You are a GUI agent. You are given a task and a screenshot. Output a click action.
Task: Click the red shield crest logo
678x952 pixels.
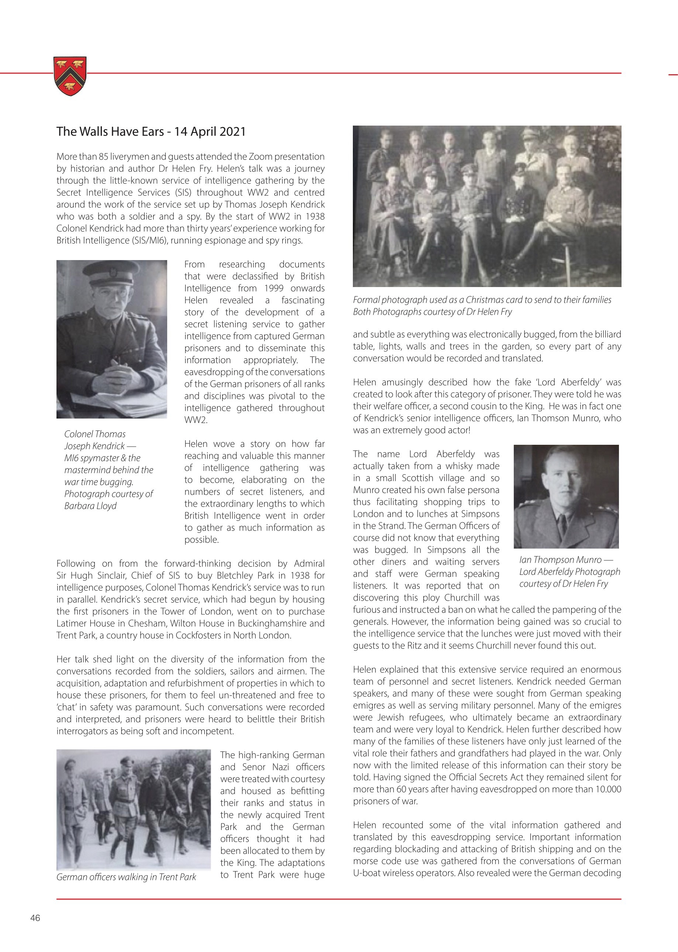click(70, 76)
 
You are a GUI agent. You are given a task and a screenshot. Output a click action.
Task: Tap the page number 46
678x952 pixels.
click(35, 918)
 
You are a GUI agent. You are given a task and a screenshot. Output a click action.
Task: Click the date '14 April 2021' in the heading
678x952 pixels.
click(210, 132)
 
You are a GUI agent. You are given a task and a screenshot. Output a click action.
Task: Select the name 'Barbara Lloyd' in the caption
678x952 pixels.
click(90, 506)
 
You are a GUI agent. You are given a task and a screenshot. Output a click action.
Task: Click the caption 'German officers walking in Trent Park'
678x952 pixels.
click(126, 877)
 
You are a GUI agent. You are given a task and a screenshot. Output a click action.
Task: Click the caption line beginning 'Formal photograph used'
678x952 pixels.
click(482, 300)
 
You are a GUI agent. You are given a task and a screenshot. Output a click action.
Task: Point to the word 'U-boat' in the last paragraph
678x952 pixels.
click(367, 873)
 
